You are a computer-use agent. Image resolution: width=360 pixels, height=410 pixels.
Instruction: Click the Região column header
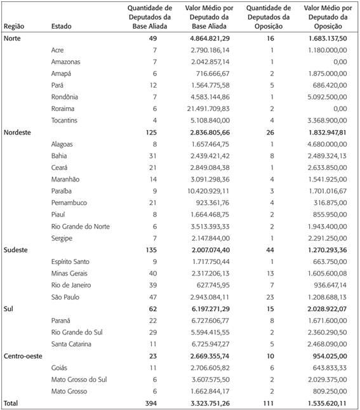(14, 27)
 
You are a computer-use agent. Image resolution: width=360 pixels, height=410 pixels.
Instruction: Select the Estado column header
(62, 27)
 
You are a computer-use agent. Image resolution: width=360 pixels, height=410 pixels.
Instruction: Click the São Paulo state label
(66, 297)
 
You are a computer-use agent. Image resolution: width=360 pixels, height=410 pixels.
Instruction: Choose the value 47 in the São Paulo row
(152, 297)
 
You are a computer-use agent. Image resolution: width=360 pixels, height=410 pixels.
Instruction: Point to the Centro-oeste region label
(23, 356)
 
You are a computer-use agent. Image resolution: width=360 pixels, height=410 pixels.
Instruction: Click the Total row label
(12, 403)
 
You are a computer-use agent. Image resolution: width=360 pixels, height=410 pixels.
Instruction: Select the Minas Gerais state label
(70, 274)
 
